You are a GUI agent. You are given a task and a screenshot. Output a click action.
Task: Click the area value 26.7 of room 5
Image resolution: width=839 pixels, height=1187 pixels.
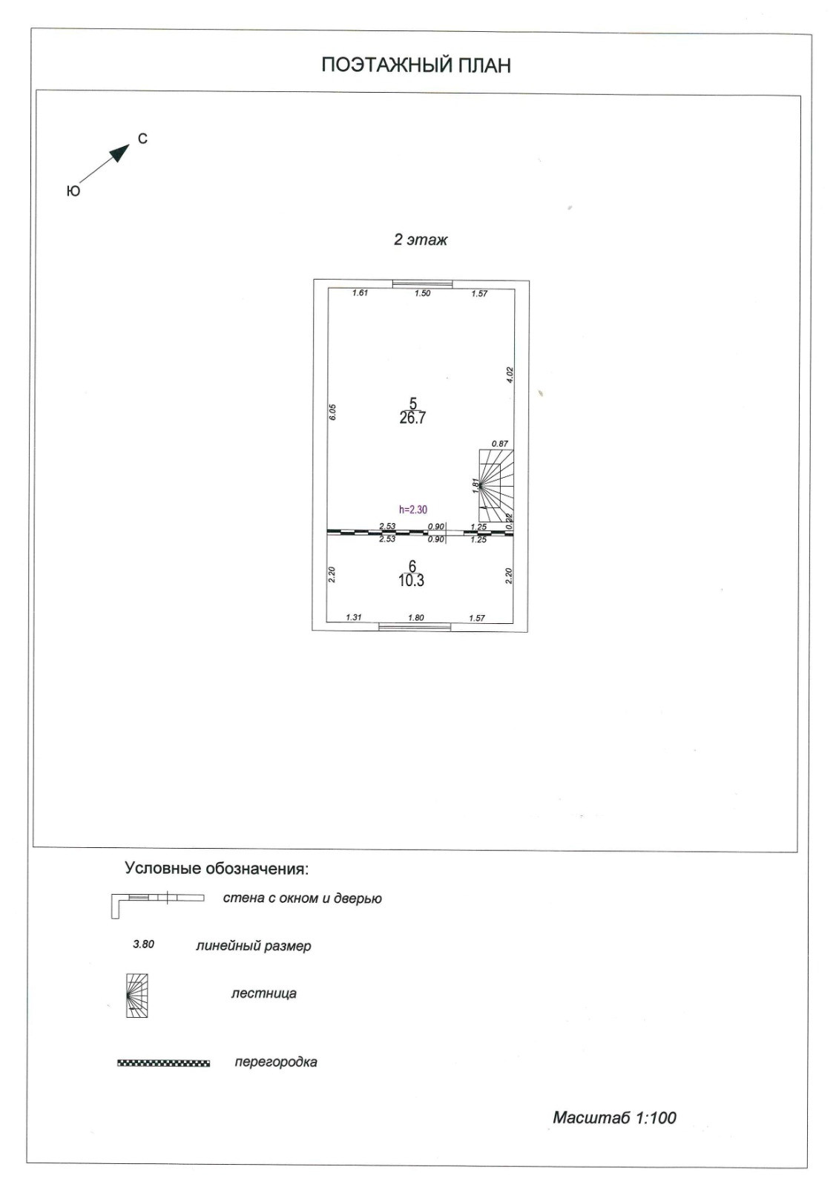tap(412, 418)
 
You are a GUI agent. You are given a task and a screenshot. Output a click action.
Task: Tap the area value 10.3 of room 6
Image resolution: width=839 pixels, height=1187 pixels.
tap(411, 581)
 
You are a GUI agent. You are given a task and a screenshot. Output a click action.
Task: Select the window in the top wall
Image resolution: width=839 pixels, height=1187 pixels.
tap(422, 283)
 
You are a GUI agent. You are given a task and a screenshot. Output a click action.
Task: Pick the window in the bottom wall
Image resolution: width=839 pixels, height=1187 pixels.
tap(415, 627)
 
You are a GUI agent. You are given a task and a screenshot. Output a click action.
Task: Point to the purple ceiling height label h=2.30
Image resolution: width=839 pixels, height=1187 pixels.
tap(413, 510)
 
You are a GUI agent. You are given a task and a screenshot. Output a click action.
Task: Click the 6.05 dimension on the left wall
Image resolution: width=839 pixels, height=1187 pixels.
tap(333, 412)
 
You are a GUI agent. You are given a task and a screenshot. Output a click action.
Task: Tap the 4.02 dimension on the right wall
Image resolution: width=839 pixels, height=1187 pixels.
tap(510, 375)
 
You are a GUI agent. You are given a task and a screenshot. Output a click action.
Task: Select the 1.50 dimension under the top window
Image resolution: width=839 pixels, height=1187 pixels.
tap(422, 294)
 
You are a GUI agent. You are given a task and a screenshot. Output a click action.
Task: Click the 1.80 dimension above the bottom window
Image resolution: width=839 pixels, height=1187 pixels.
tap(415, 617)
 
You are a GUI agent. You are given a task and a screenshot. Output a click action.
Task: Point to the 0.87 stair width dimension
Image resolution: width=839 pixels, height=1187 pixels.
tap(500, 444)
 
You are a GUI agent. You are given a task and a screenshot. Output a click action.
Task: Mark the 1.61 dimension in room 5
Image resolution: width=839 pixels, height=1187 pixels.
tap(360, 293)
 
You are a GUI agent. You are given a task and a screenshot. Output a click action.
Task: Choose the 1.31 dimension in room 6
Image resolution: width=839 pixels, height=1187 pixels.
tap(354, 617)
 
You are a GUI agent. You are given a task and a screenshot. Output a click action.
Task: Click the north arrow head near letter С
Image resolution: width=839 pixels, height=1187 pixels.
tap(119, 153)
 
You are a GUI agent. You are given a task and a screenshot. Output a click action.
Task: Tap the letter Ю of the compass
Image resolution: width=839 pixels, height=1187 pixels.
tap(73, 191)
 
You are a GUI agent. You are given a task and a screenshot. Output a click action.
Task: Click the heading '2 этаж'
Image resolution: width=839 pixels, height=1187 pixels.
tap(420, 240)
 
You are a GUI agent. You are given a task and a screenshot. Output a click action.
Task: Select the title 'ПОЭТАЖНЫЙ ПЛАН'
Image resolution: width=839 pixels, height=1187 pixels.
tap(416, 65)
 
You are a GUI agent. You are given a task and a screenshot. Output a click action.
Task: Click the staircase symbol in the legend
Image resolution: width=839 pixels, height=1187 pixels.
tap(136, 995)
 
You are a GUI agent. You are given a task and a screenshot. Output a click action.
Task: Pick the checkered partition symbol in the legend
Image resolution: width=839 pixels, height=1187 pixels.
tap(163, 1063)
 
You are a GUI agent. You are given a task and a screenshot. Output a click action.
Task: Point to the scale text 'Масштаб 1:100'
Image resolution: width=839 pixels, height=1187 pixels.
tap(614, 1117)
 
